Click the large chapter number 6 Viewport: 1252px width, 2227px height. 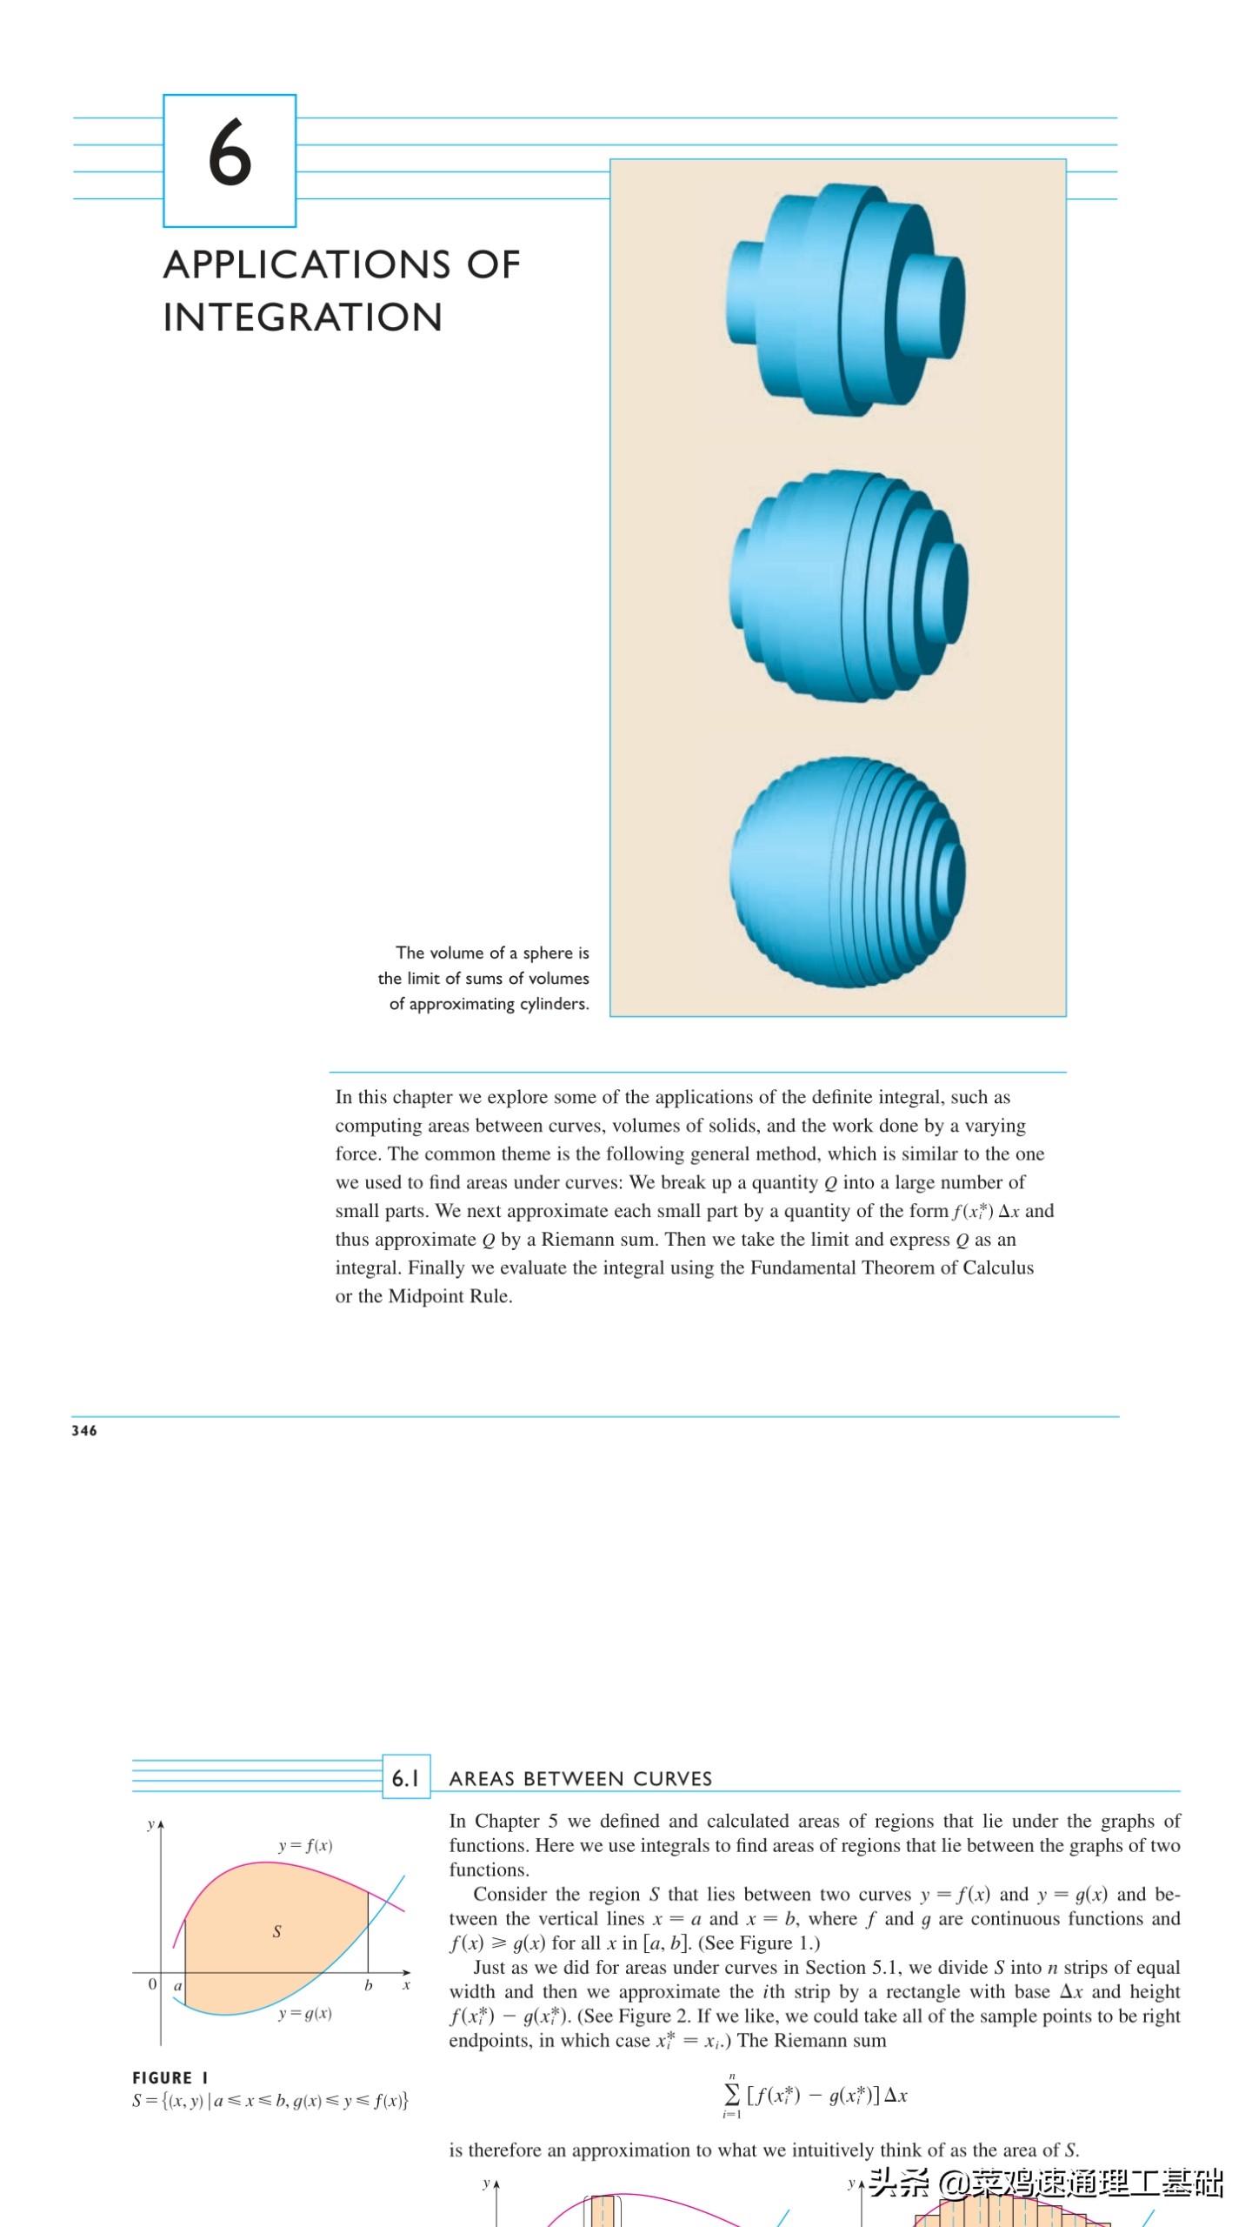pyautogui.click(x=230, y=153)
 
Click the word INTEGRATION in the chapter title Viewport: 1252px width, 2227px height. pyautogui.click(x=303, y=318)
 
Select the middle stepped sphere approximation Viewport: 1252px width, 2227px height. pyautogui.click(x=847, y=585)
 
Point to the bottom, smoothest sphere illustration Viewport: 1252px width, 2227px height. pyautogui.click(x=847, y=873)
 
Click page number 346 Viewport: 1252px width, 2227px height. pyautogui.click(x=84, y=1431)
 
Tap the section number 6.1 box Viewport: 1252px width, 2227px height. pyautogui.click(x=406, y=1777)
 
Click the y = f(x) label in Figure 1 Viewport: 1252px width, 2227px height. pyautogui.click(x=305, y=1845)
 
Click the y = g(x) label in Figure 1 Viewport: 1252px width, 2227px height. pyautogui.click(x=305, y=2013)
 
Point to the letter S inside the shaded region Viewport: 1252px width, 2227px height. pyautogui.click(x=276, y=1931)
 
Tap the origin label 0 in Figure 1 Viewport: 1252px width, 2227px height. pyautogui.click(x=152, y=1984)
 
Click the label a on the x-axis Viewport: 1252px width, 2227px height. pyautogui.click(x=177, y=1986)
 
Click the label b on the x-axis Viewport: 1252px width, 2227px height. pyautogui.click(x=368, y=1986)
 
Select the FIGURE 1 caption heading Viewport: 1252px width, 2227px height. pyautogui.click(x=170, y=2077)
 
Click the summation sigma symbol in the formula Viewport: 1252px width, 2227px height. pyautogui.click(x=732, y=2095)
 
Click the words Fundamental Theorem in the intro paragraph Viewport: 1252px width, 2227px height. pyautogui.click(x=853, y=1267)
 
